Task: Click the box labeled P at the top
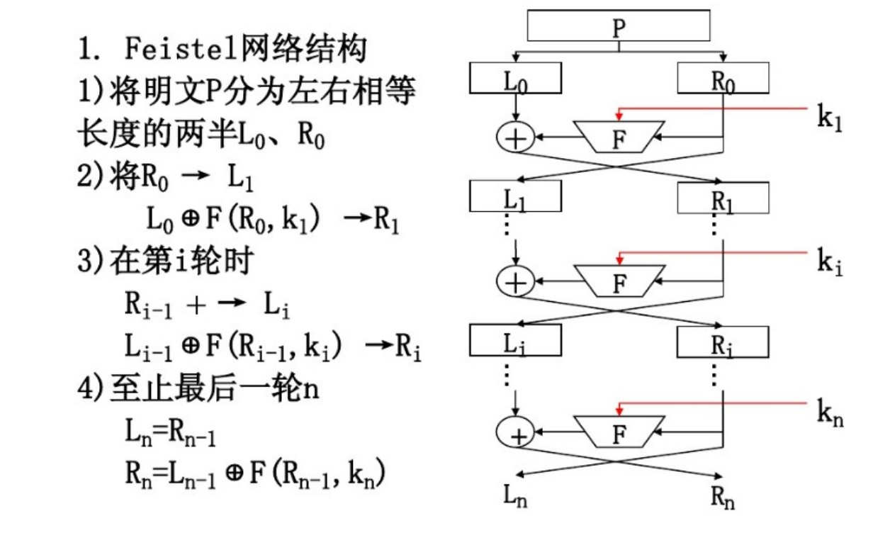tap(619, 26)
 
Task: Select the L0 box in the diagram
tap(516, 78)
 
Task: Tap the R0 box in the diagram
tap(723, 78)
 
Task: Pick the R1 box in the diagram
tap(723, 198)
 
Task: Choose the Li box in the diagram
tap(516, 341)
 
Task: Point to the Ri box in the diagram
tap(723, 342)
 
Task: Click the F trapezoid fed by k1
tap(619, 136)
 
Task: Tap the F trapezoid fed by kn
tap(619, 431)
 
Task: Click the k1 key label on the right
tap(830, 118)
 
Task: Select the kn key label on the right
tap(830, 412)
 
